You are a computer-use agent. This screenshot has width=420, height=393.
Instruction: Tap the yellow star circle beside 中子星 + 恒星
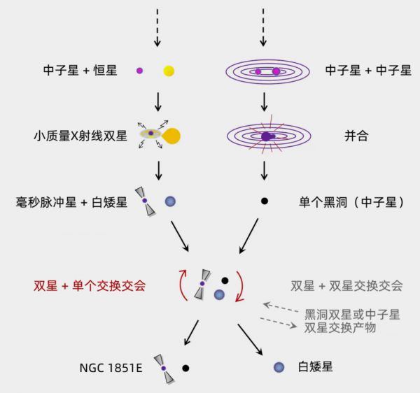(169, 71)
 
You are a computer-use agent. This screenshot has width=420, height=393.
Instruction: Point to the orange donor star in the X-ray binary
(171, 136)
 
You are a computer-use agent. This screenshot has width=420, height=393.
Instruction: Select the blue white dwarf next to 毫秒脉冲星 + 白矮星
(170, 201)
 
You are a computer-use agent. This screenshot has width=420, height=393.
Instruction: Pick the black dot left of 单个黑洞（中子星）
(265, 201)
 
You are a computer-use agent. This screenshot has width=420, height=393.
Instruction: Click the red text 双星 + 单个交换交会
(90, 285)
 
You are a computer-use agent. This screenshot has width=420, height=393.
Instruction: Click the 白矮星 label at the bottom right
(313, 366)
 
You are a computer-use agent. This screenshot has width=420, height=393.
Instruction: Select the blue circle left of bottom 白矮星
(279, 366)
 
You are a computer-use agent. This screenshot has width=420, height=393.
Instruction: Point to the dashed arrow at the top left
(157, 28)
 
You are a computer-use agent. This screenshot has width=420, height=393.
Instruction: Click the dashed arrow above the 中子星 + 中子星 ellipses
(265, 28)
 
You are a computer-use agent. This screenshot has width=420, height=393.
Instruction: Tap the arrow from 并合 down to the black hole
(265, 169)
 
